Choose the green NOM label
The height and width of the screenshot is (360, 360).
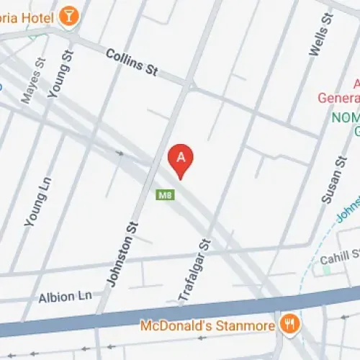(344, 117)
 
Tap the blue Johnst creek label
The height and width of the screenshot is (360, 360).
(347, 213)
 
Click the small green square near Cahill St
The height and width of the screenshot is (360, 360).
(326, 270)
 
